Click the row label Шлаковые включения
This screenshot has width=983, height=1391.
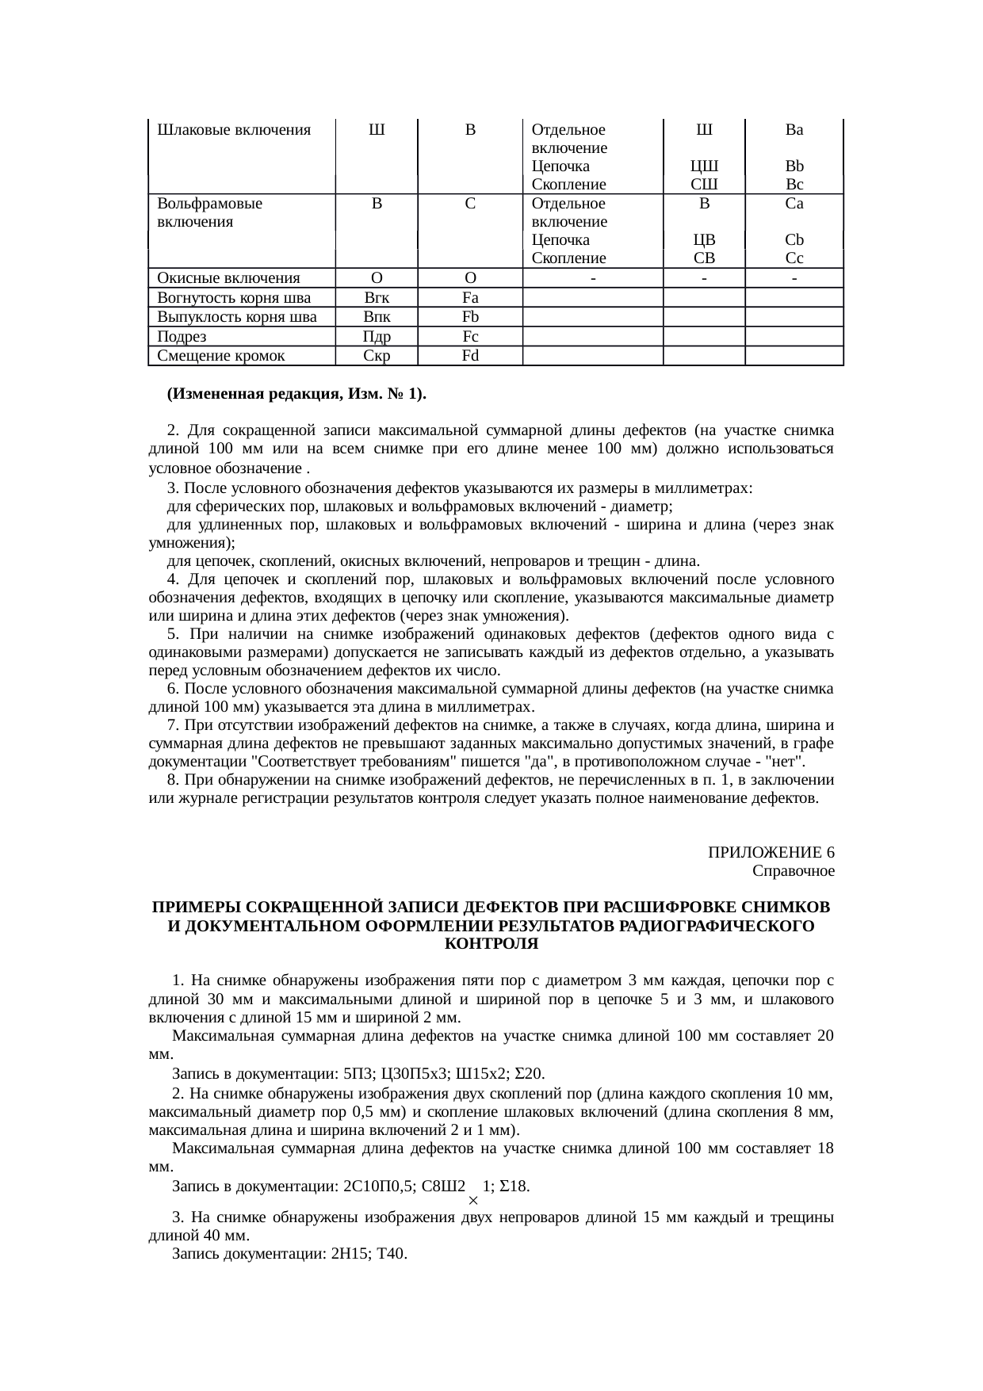(x=234, y=129)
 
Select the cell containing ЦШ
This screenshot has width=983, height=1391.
(x=704, y=166)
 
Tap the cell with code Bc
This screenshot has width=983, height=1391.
(x=794, y=185)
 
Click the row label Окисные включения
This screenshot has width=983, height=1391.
(x=228, y=278)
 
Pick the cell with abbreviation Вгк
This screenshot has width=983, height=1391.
(x=377, y=298)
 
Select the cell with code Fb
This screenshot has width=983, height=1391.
(x=470, y=317)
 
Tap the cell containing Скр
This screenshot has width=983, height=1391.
(x=377, y=356)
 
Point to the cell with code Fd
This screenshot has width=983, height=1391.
(x=470, y=356)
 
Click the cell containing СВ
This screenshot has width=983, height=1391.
(x=704, y=258)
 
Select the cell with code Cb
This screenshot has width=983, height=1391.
(x=794, y=239)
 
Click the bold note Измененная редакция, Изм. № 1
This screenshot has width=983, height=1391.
(x=296, y=394)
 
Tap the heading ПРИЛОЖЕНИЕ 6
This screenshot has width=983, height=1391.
(x=771, y=853)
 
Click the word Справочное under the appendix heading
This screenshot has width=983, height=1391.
(x=793, y=872)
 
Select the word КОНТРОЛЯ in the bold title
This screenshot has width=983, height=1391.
(x=491, y=945)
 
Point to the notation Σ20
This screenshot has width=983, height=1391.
(x=530, y=1074)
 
